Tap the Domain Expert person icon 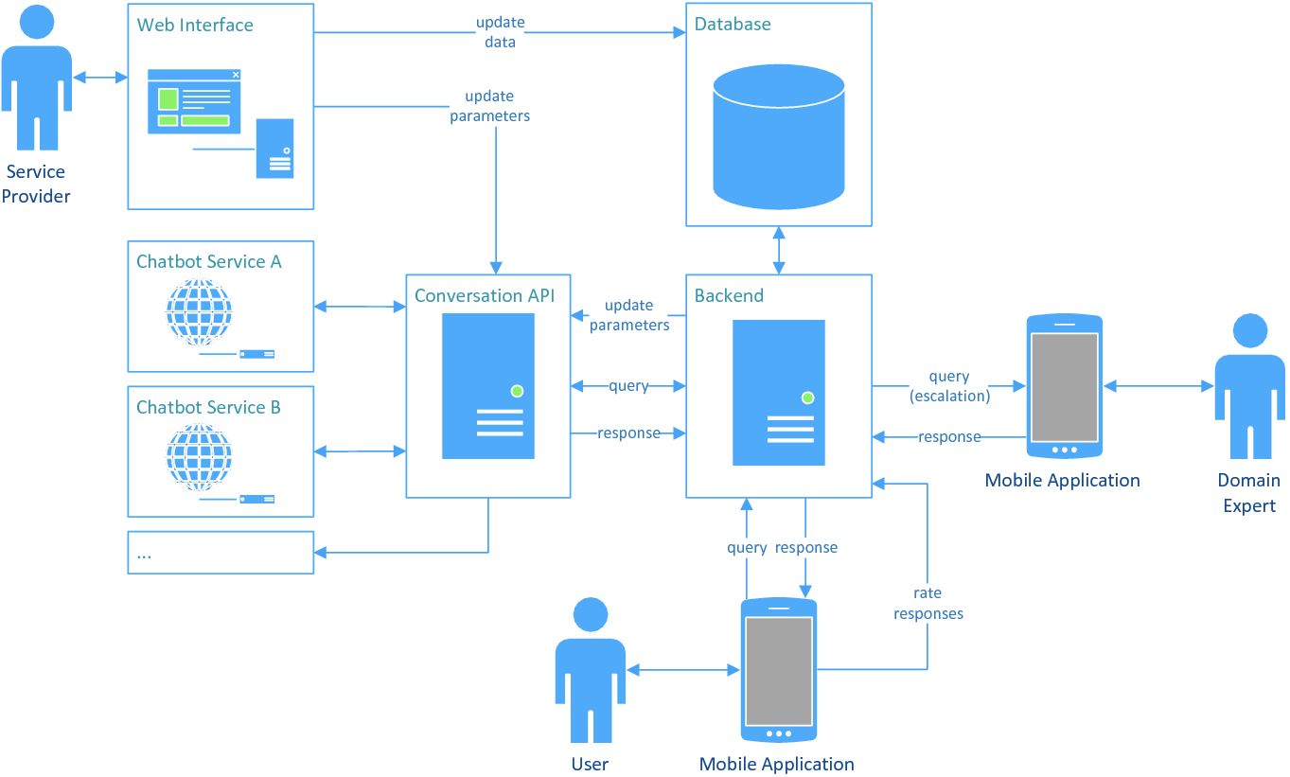(1249, 388)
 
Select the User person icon (590, 670)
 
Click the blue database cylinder (778, 136)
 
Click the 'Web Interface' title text (195, 25)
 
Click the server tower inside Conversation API (488, 386)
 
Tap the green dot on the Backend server (807, 398)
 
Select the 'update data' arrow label (501, 32)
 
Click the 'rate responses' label (928, 604)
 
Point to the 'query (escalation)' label (949, 387)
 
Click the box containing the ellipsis (221, 553)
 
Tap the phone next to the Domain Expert (1064, 386)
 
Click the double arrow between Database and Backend (779, 250)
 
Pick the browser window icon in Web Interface (194, 100)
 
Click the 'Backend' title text (729, 295)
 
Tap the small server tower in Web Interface (274, 149)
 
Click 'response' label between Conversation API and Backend (628, 433)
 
